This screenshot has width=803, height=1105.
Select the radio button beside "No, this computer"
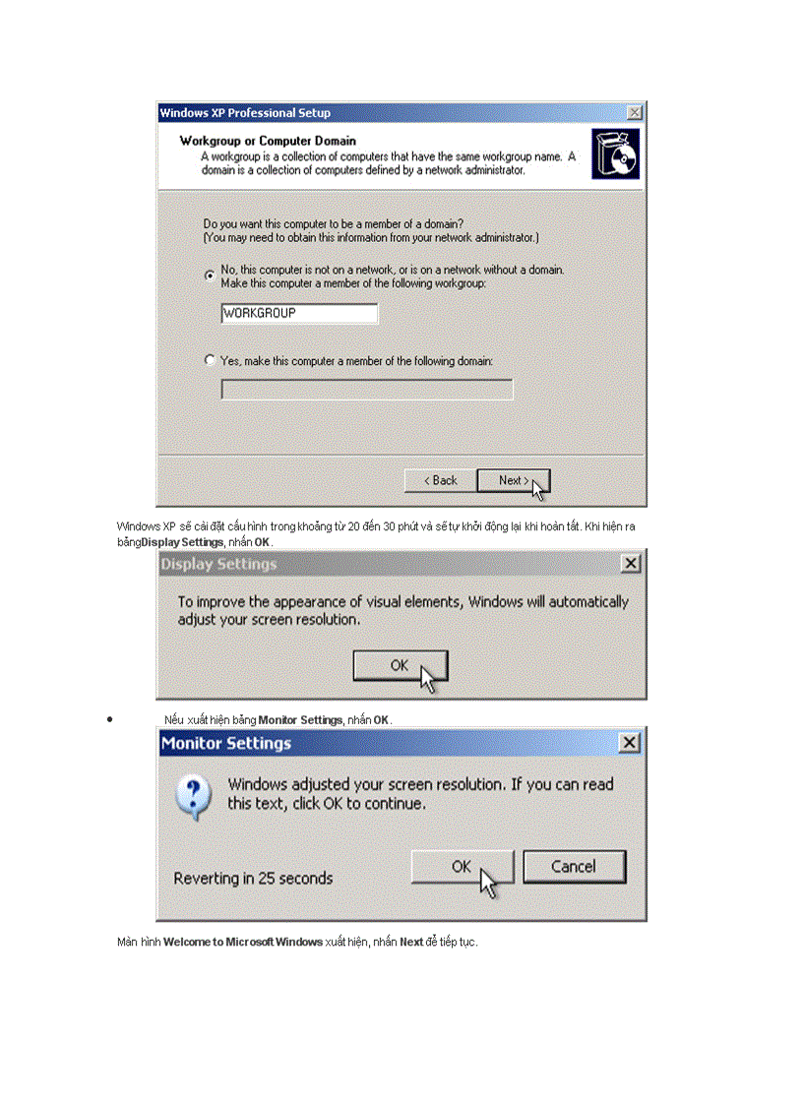(210, 276)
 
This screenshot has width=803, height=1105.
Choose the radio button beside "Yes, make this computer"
(210, 361)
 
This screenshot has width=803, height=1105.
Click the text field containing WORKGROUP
(299, 313)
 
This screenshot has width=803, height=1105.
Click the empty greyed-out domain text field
(366, 391)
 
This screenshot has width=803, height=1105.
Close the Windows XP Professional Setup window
(634, 113)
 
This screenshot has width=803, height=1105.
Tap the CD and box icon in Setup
(615, 154)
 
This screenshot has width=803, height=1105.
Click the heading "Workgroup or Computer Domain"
(268, 141)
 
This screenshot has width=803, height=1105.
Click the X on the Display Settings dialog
(631, 564)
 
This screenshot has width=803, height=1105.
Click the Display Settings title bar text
(218, 565)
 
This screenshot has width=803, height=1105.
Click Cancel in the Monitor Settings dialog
(574, 867)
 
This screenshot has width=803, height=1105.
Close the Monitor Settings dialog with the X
(630, 743)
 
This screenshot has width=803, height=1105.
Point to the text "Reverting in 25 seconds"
(253, 878)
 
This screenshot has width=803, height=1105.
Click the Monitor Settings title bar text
(226, 744)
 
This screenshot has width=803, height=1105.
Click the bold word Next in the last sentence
(411, 943)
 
